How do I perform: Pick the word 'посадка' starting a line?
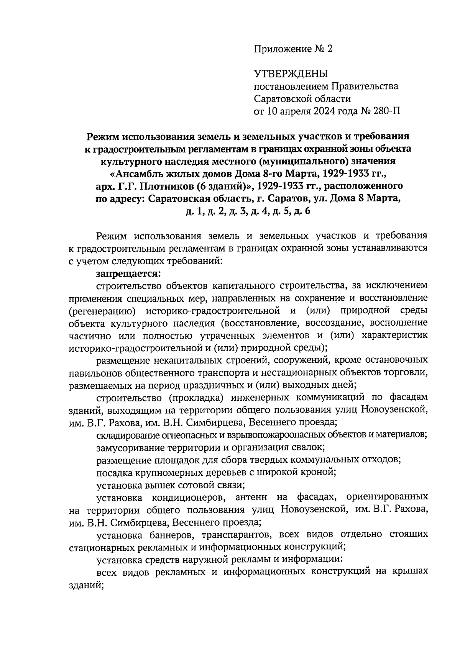click(110, 472)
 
